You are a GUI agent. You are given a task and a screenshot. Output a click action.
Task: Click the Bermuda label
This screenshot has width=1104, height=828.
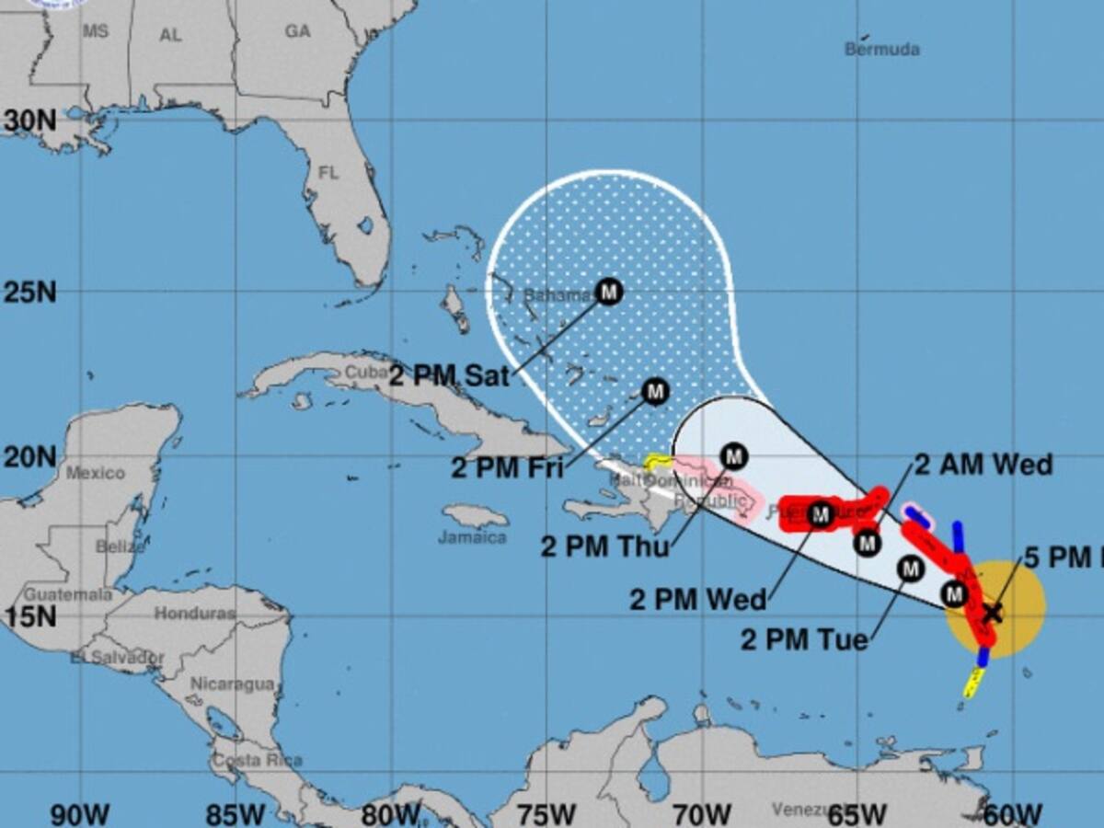point(881,49)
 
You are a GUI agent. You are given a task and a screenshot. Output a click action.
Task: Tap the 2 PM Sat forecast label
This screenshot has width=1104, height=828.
point(449,375)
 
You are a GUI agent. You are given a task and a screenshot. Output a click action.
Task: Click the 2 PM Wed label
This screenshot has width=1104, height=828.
point(697,600)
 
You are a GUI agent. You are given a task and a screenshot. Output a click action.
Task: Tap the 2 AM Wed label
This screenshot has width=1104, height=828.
point(983,465)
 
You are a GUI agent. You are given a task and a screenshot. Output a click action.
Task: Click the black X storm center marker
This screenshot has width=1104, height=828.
point(991,611)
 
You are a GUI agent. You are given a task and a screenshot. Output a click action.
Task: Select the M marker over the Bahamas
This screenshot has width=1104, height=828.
point(608,292)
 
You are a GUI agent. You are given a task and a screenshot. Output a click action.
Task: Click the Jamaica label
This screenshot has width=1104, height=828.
point(472,537)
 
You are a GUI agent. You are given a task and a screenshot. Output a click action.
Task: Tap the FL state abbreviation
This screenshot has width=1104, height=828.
point(328,173)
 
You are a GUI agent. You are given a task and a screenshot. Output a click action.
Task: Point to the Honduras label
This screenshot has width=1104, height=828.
point(194,614)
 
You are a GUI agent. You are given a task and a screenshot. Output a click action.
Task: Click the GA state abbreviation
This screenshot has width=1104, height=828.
point(297,32)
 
